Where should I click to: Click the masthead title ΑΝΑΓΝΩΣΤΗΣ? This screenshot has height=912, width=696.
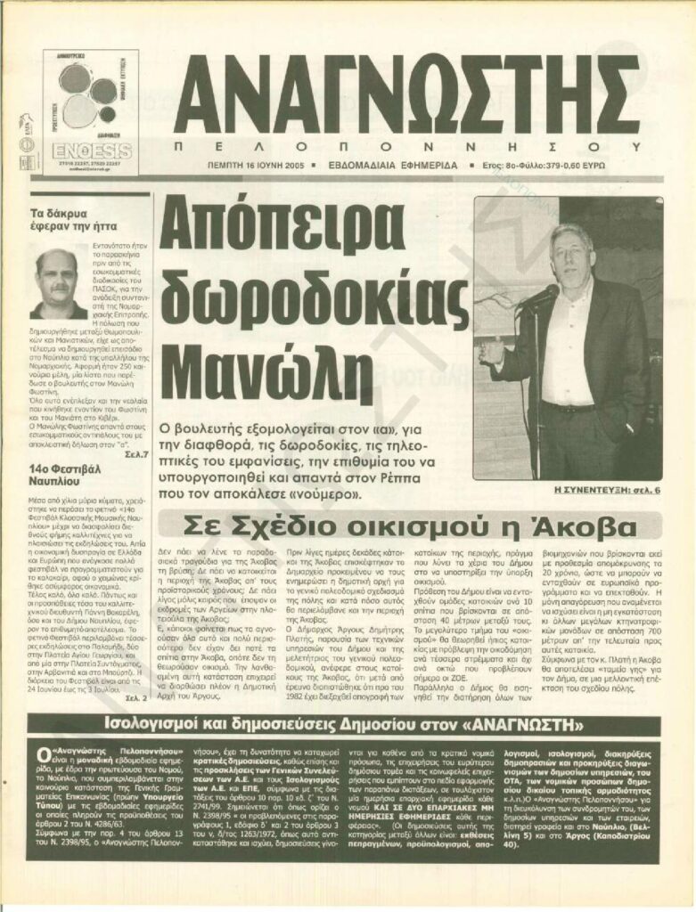point(405,89)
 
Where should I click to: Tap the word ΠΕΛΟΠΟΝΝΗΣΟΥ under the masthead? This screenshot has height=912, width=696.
point(405,144)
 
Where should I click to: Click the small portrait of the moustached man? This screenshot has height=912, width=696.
point(57,283)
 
